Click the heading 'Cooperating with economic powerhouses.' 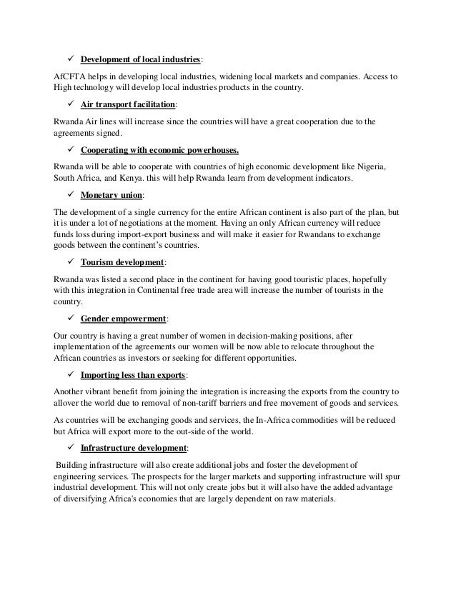170,150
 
